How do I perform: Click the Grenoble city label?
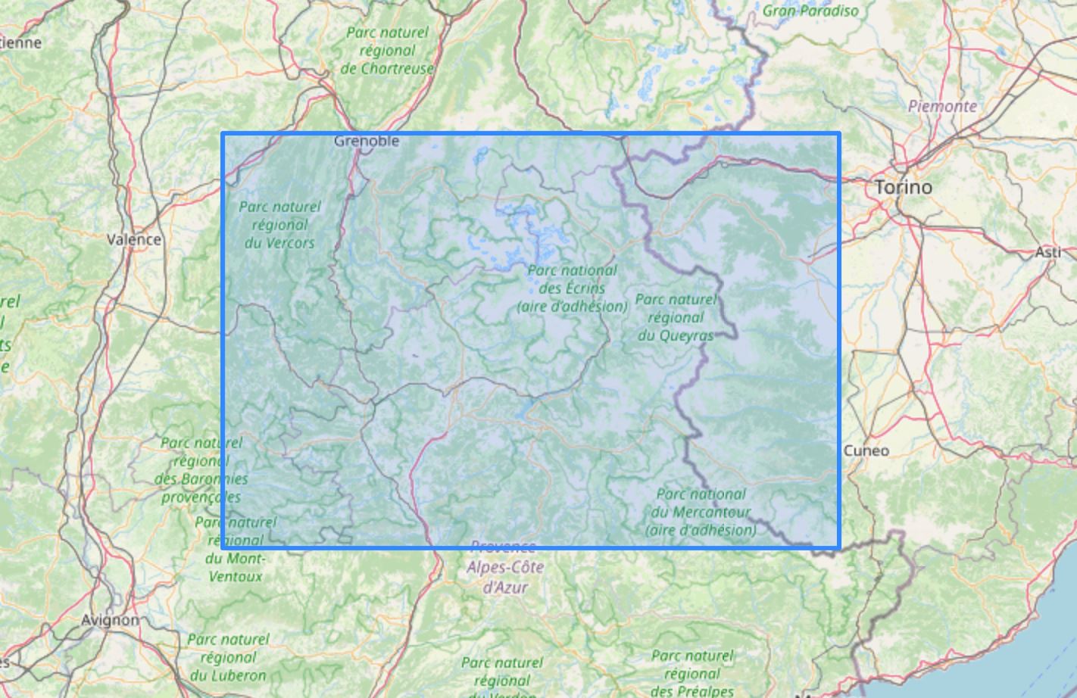(x=366, y=141)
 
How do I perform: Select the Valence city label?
(x=134, y=239)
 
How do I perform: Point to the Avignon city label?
(x=110, y=620)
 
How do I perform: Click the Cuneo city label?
(x=866, y=450)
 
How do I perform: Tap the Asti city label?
(x=1048, y=252)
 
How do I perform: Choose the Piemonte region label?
(x=942, y=106)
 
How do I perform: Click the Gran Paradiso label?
(x=810, y=11)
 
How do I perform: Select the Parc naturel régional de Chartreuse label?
(x=387, y=51)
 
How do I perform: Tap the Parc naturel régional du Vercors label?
(x=279, y=225)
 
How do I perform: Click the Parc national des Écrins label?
(x=573, y=288)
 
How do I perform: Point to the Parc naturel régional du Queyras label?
(x=676, y=317)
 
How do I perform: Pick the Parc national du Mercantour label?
(x=701, y=512)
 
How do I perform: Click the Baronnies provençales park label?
(x=201, y=469)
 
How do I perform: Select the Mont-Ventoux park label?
(x=235, y=549)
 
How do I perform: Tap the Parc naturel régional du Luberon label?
(x=228, y=657)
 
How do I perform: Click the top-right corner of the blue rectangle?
(x=839, y=134)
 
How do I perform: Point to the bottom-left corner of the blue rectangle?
(x=223, y=547)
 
